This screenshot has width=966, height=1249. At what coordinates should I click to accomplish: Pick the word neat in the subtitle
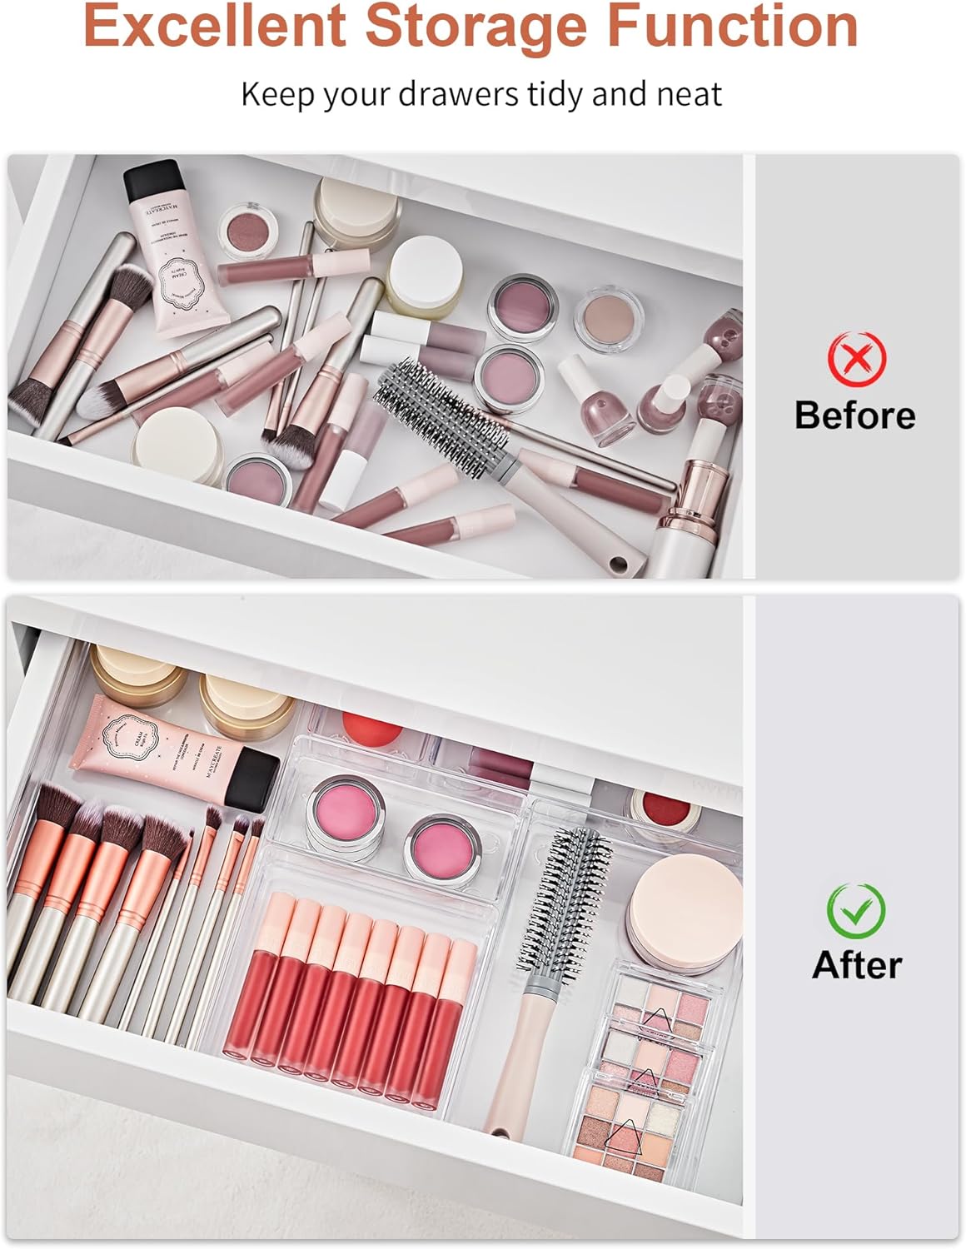pyautogui.click(x=688, y=94)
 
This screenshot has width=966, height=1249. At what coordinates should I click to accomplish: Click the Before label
pyautogui.click(x=854, y=415)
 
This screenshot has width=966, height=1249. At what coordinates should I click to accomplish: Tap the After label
pyautogui.click(x=857, y=965)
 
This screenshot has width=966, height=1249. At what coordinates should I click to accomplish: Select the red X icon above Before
pyautogui.click(x=857, y=357)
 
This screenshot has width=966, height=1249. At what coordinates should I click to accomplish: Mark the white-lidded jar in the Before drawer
pyautogui.click(x=426, y=266)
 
